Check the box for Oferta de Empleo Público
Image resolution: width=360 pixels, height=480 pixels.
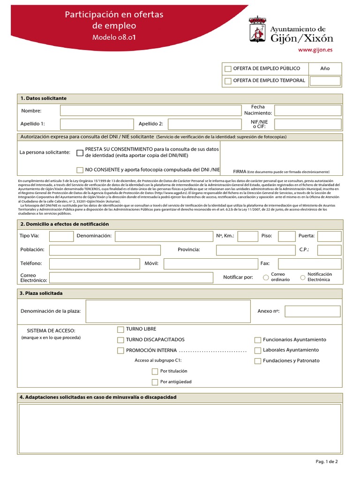click(228, 69)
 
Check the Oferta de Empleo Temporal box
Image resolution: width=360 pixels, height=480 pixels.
click(228, 81)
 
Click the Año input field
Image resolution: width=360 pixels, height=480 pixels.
click(325, 81)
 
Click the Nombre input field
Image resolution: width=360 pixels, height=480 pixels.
click(150, 111)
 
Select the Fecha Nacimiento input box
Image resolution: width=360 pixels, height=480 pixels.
click(307, 111)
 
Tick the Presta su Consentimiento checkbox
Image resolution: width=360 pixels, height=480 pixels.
click(80, 152)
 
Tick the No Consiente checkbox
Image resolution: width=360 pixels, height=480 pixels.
click(80, 170)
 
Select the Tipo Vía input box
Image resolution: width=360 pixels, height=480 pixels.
click(61, 236)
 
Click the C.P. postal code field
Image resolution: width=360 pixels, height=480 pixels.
click(329, 250)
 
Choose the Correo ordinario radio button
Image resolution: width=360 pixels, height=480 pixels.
click(266, 277)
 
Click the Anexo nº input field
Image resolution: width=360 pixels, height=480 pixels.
click(313, 311)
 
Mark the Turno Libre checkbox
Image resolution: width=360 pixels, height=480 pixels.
click(120, 330)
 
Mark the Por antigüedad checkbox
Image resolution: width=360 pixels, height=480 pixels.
click(155, 382)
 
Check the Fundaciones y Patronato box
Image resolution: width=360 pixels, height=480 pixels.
click(258, 361)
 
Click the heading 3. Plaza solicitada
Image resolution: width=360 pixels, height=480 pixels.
click(41, 293)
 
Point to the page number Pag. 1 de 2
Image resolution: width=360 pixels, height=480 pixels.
click(327, 462)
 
